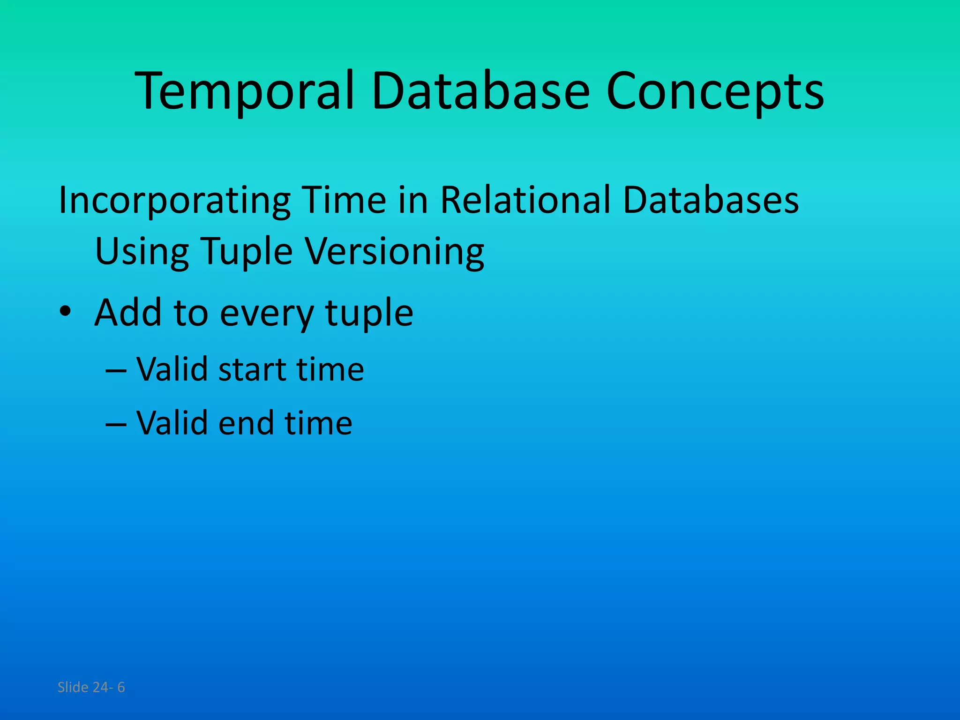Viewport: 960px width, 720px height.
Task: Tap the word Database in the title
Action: click(480, 91)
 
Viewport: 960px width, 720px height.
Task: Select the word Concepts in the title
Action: click(714, 91)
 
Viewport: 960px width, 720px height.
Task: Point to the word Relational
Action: click(525, 200)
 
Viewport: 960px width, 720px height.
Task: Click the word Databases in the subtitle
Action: click(711, 200)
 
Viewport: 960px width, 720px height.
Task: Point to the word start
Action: click(252, 369)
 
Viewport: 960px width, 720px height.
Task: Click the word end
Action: click(246, 423)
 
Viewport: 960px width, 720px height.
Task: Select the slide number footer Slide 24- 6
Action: click(91, 687)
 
